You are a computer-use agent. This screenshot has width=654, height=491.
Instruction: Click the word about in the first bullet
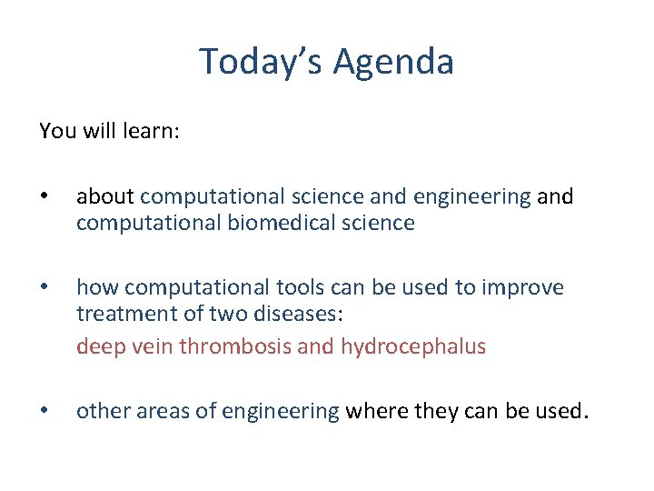click(x=105, y=196)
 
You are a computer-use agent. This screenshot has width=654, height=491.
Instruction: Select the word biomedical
click(x=249, y=223)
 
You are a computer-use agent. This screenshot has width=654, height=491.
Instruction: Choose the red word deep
click(x=97, y=346)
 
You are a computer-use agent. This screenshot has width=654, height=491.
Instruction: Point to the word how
click(x=97, y=287)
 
